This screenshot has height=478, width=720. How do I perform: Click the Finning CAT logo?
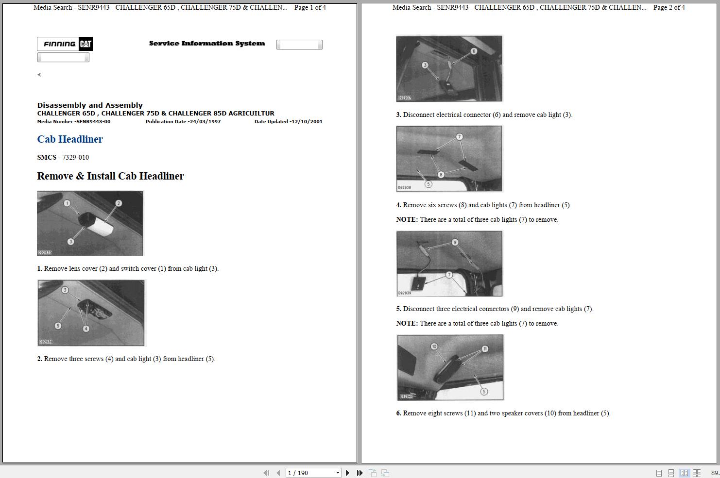65,44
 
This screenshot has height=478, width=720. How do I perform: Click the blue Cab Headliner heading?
70,139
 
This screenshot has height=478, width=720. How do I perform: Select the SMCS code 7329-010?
75,157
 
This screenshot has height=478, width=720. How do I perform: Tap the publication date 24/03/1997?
204,122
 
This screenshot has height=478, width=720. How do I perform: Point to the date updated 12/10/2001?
306,122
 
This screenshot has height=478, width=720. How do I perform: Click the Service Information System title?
207,44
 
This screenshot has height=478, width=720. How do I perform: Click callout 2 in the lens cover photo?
119,203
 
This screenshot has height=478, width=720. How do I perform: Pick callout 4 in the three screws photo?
86,329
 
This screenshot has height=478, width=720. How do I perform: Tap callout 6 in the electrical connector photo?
474,51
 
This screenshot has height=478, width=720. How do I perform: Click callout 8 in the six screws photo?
441,175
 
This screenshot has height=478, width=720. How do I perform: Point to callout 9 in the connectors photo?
455,242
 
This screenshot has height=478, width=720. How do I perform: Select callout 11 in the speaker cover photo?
484,349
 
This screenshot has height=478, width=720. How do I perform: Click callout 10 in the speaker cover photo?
434,346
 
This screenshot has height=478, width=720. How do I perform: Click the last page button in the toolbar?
360,473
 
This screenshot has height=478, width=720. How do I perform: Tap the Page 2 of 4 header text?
669,7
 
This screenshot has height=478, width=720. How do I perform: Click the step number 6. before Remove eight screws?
399,413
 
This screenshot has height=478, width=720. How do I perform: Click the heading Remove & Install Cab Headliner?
110,176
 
